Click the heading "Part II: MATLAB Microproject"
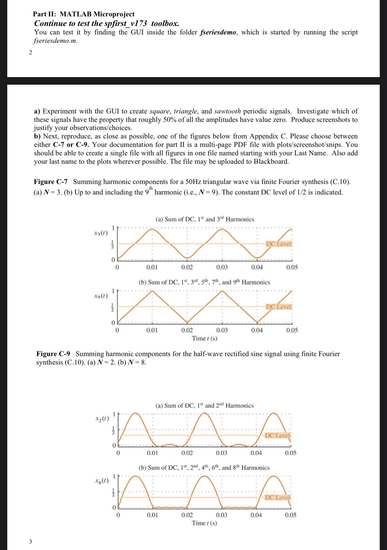click(84, 14)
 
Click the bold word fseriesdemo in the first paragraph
click(218, 32)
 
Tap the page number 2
click(30, 52)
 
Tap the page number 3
click(30, 541)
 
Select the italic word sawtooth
click(227, 111)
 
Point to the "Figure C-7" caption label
click(51, 182)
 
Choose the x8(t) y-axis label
click(102, 481)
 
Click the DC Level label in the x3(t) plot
click(279, 244)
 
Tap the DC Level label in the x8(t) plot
click(277, 497)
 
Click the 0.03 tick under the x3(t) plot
click(222, 267)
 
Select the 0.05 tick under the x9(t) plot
click(292, 330)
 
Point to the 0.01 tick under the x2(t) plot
click(152, 453)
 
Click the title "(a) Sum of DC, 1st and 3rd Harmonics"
click(205, 219)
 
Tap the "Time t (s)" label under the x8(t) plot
click(204, 523)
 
